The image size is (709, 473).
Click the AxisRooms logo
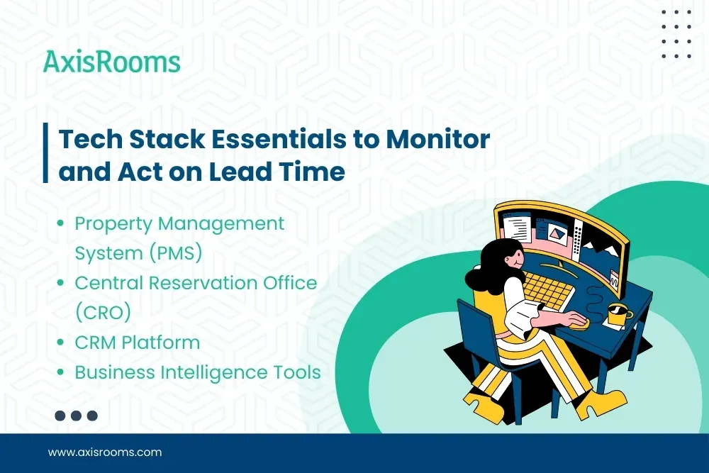tap(112, 62)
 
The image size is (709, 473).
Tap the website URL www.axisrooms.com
tap(105, 452)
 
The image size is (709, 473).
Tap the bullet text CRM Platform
tap(138, 342)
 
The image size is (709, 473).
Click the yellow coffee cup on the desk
tap(618, 313)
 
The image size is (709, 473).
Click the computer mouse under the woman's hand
tap(577, 323)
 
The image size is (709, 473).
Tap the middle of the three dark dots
tap(76, 416)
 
